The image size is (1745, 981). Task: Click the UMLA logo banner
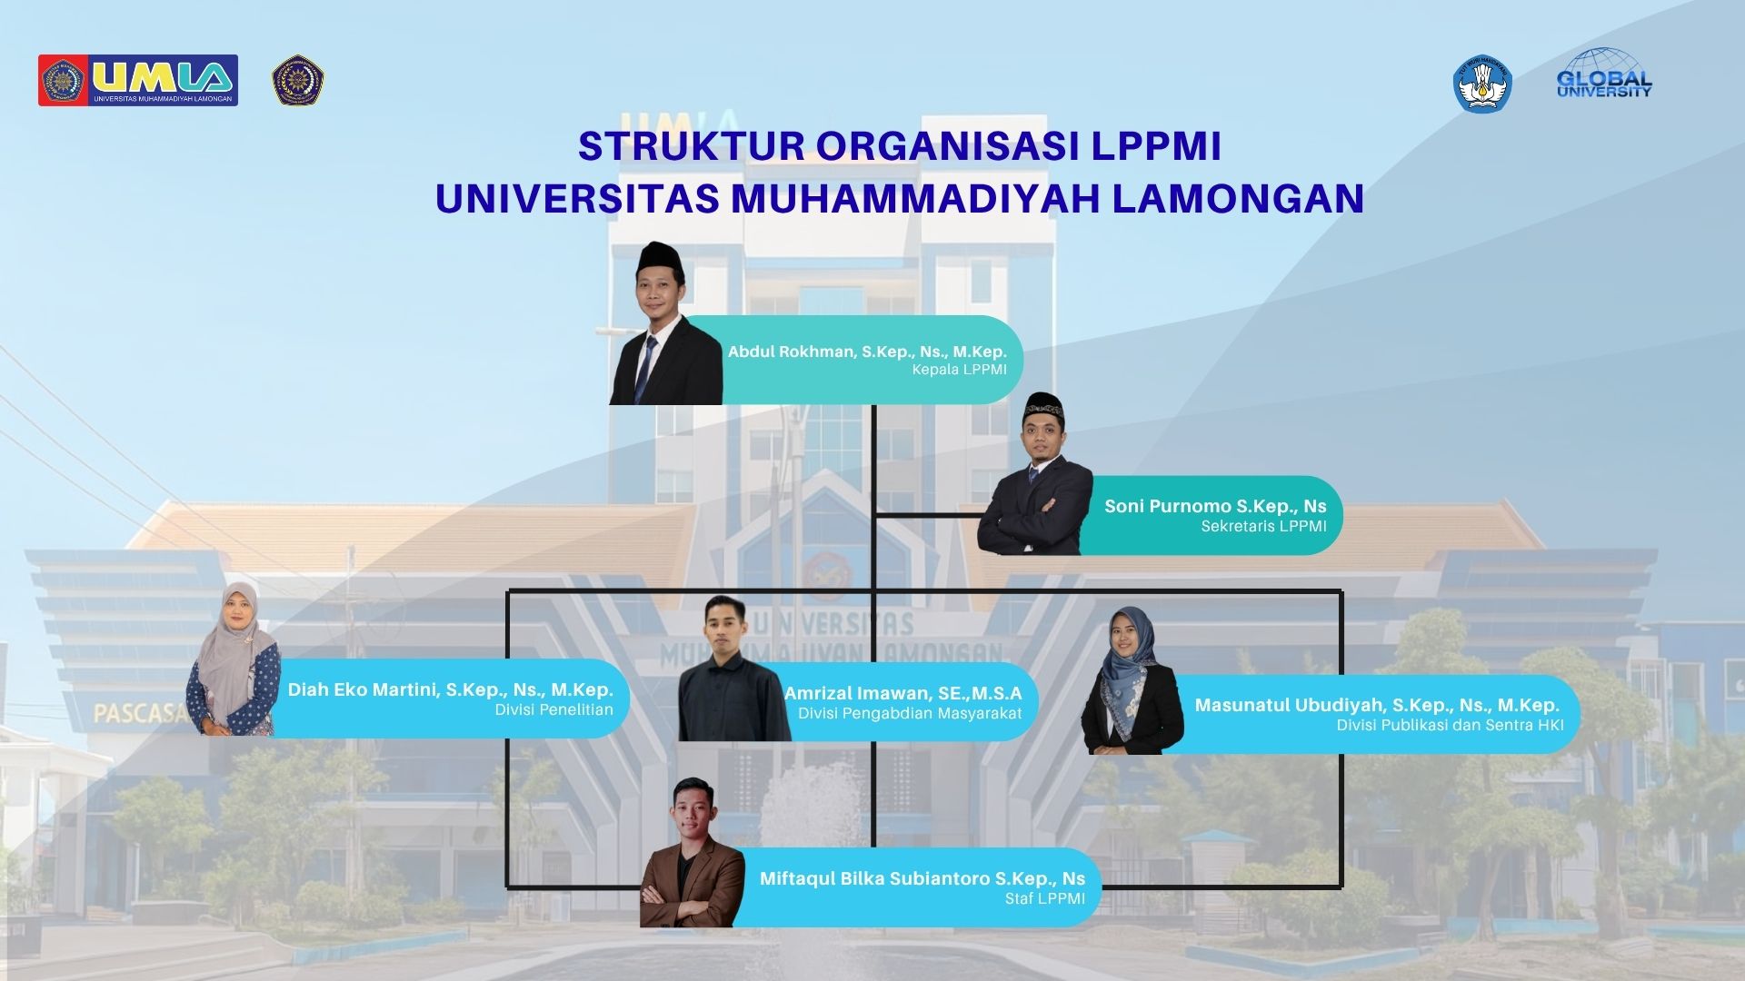138,80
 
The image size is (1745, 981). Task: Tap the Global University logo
1604,74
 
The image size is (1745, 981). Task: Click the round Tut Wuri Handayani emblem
1481,84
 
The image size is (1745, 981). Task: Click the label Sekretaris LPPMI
1263,526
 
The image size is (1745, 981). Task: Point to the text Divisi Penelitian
553,710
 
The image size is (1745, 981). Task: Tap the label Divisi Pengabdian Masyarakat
910,714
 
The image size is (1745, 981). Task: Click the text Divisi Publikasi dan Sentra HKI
1450,725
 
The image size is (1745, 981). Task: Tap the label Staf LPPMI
1044,899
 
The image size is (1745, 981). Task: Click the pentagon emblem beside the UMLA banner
299,81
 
